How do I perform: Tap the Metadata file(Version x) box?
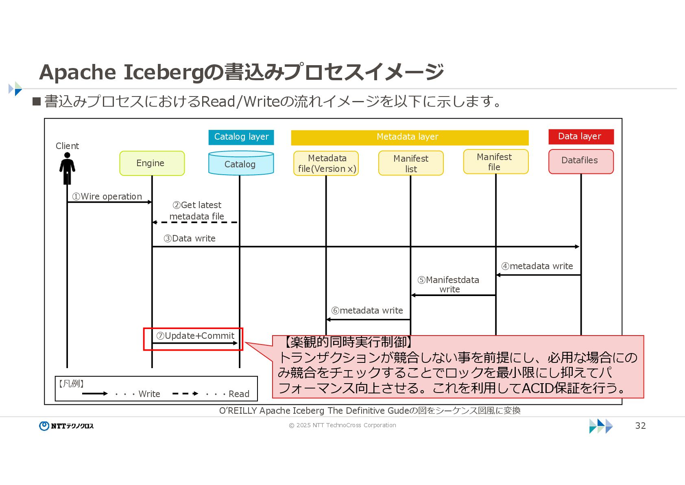click(x=326, y=163)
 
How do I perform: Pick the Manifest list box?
click(x=411, y=163)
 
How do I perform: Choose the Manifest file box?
click(x=495, y=162)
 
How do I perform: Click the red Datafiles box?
click(x=580, y=161)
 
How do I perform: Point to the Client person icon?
click(x=67, y=168)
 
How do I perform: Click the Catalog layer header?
click(x=241, y=137)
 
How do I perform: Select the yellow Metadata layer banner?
click(x=409, y=137)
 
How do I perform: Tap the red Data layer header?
click(x=580, y=136)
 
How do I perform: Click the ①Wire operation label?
click(x=107, y=196)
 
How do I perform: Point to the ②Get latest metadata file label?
click(x=197, y=211)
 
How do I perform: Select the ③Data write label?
click(x=190, y=238)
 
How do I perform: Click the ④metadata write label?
click(x=537, y=266)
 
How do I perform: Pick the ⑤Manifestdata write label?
click(x=449, y=284)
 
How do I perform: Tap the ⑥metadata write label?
click(x=367, y=310)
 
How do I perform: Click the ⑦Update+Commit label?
click(x=196, y=336)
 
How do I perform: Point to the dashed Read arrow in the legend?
click(x=185, y=393)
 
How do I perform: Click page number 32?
click(x=640, y=426)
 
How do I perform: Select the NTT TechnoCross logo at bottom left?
click(x=66, y=426)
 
